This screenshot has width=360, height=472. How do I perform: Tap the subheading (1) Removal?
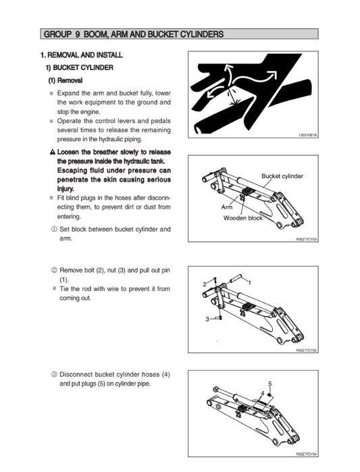pos(65,80)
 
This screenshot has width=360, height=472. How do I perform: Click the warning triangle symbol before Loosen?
pos(52,152)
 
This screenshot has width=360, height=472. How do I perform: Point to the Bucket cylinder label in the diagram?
pos(282,176)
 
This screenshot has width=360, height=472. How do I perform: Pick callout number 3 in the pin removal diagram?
pos(208,319)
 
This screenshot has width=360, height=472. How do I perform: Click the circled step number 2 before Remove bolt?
pos(53,269)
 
